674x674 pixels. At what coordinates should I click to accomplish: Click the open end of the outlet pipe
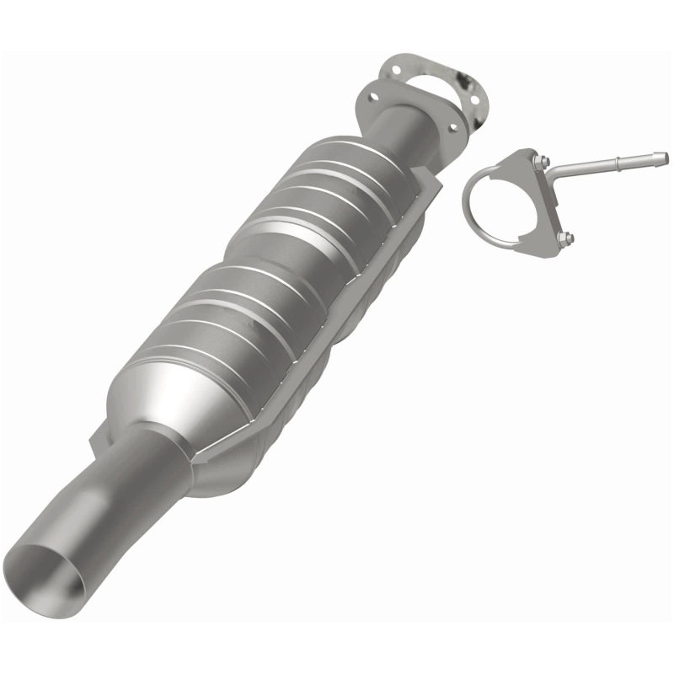(x=52, y=573)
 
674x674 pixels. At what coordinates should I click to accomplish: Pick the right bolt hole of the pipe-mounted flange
(x=452, y=128)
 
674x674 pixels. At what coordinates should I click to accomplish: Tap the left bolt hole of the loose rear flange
(x=393, y=69)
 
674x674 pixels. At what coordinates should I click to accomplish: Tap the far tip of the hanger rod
(x=662, y=157)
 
